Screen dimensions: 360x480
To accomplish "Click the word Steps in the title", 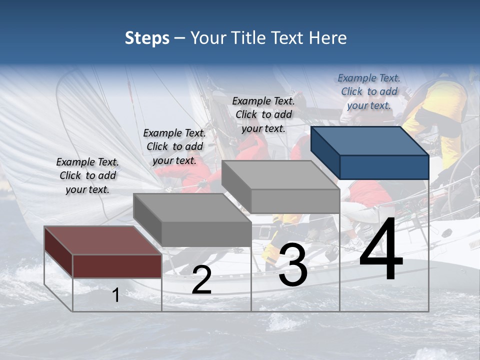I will [147, 38].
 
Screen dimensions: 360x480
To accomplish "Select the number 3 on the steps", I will [293, 265].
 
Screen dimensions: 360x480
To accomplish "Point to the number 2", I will [201, 280].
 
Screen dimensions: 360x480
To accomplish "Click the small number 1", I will [116, 295].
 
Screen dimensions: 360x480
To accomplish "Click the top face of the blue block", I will [369, 140].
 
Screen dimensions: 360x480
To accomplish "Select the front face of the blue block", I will [384, 167].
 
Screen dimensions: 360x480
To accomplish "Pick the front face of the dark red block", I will [117, 266].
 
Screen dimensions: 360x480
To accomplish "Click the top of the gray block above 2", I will [191, 207].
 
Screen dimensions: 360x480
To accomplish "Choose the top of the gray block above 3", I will [280, 175].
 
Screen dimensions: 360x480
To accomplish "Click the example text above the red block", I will [88, 175].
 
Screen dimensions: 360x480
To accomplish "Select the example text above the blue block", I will [369, 91].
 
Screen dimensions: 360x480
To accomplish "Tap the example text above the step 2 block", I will [174, 146].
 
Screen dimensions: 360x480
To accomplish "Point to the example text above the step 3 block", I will [263, 114].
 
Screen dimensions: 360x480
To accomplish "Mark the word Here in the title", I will [328, 38].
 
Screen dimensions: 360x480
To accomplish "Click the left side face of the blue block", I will [325, 152].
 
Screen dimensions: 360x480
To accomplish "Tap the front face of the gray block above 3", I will [295, 201].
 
